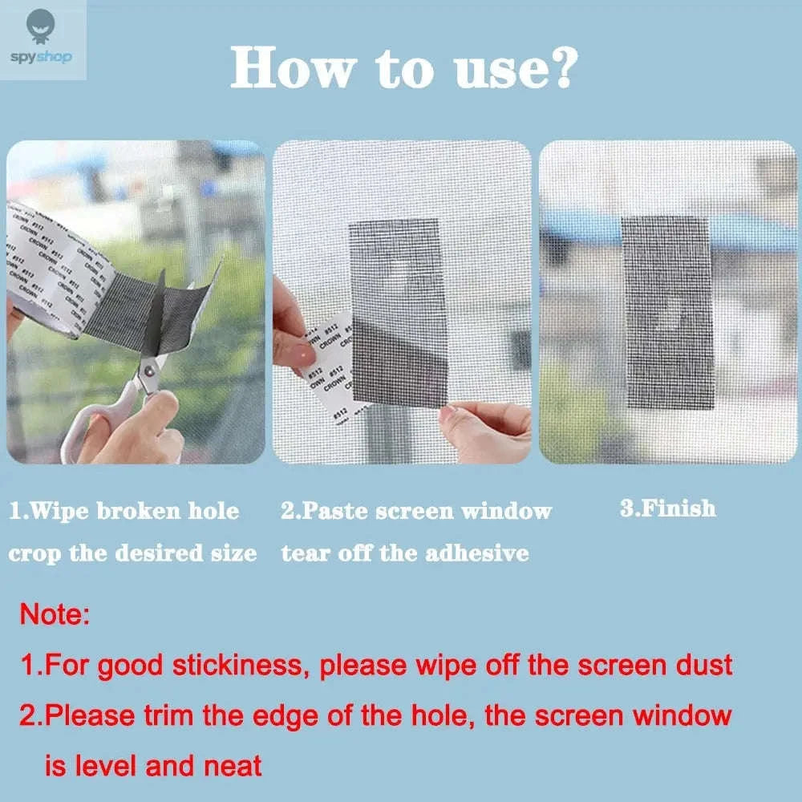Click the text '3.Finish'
[667, 508]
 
